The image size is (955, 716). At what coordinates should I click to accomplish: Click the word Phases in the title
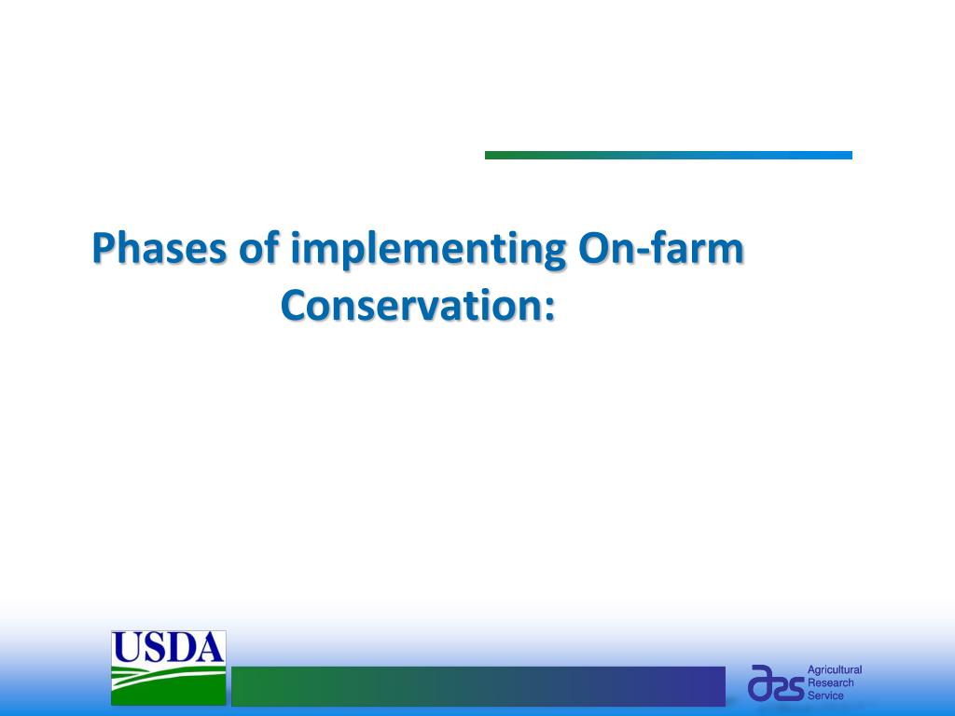tap(159, 248)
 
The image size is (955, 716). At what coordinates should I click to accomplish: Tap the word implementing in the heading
tap(428, 250)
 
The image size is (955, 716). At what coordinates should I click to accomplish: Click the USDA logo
tap(168, 668)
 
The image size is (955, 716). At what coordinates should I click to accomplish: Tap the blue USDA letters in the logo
tap(168, 648)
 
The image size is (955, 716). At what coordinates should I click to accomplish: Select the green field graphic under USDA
tap(168, 685)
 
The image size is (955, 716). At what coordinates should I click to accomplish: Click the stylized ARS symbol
tap(776, 683)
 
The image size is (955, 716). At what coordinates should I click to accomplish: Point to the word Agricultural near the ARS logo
tap(835, 670)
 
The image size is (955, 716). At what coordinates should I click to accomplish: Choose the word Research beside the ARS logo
tap(831, 683)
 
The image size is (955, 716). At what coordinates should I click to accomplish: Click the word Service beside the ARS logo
tap(826, 695)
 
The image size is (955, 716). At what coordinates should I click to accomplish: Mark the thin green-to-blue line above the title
tap(668, 156)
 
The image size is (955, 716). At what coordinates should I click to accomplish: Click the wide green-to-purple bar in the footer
tap(478, 686)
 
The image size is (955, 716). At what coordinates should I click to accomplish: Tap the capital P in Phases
tap(104, 247)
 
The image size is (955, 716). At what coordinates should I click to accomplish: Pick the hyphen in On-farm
tap(645, 252)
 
